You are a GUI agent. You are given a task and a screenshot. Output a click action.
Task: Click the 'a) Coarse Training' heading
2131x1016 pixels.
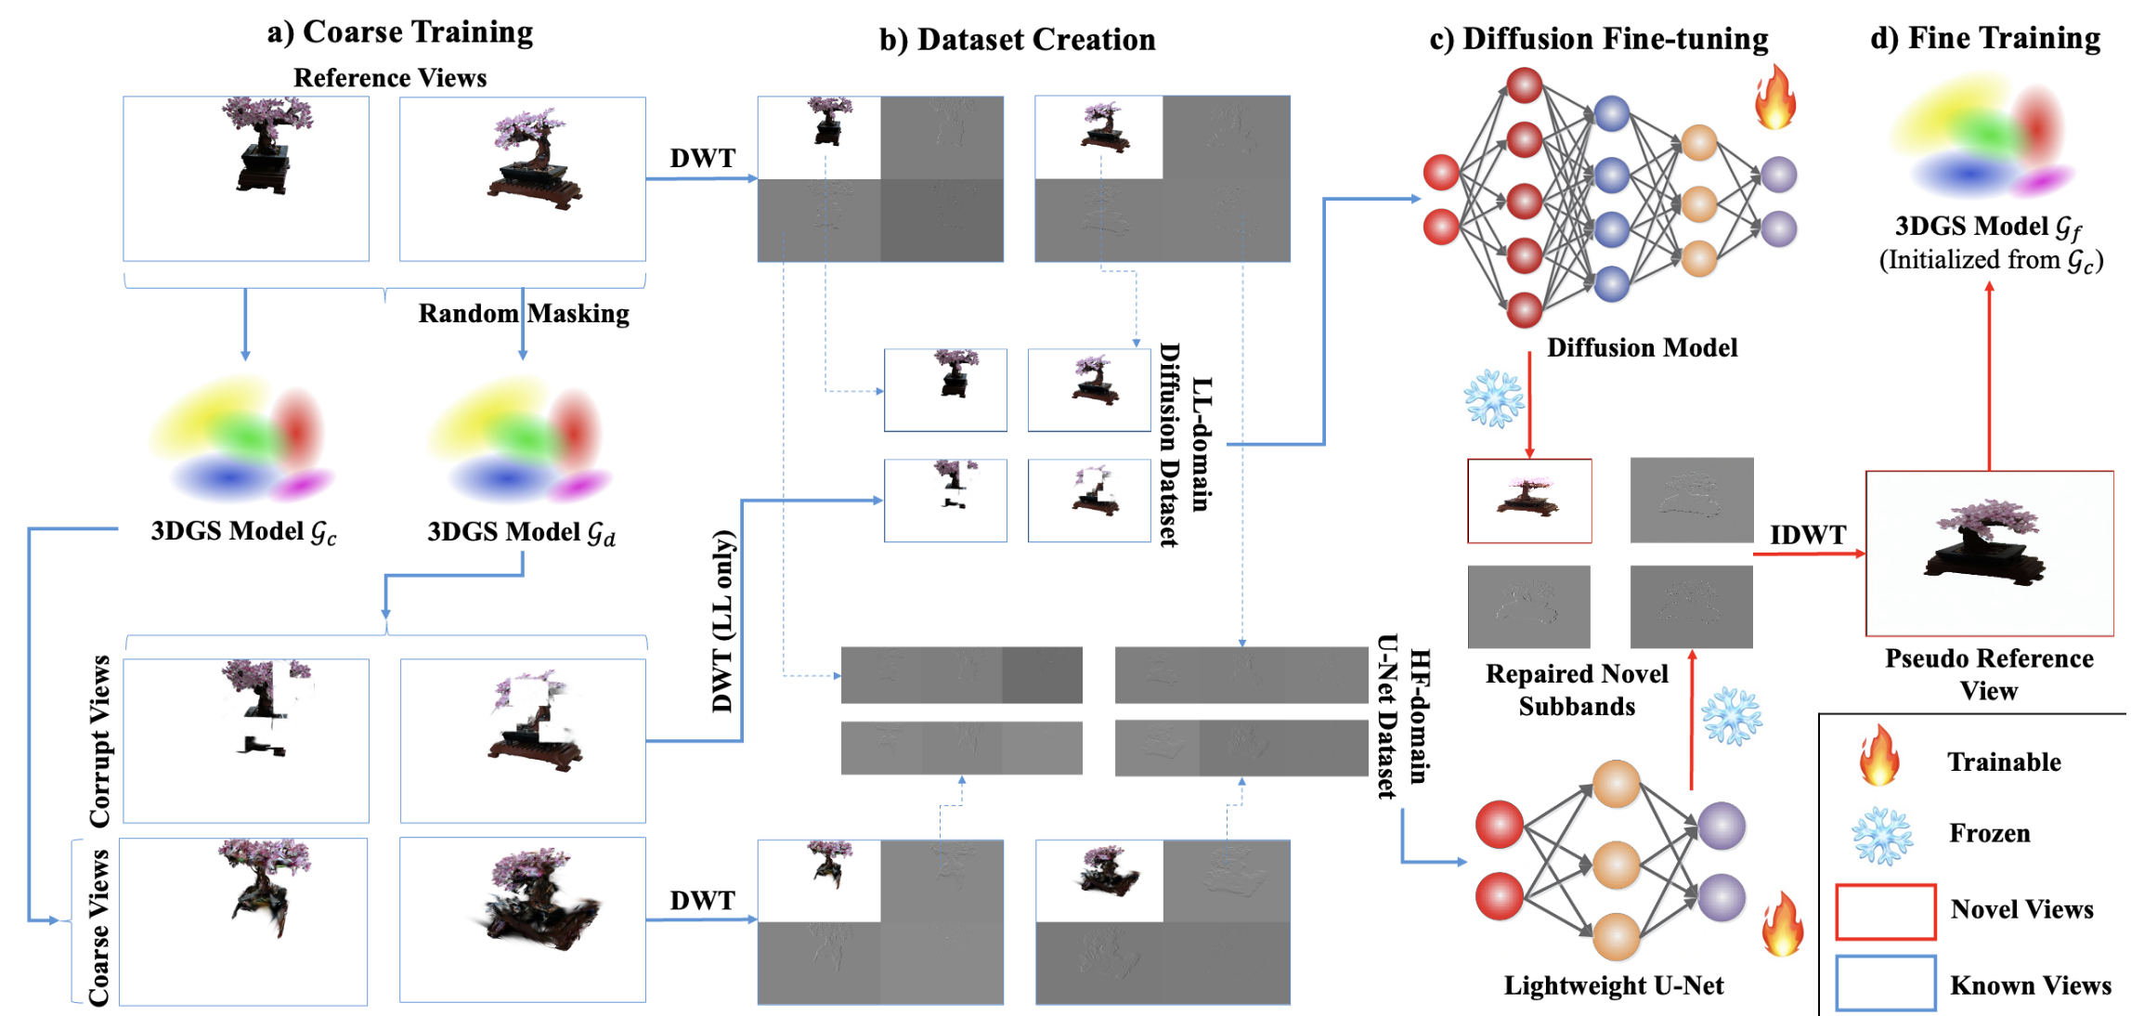tap(400, 33)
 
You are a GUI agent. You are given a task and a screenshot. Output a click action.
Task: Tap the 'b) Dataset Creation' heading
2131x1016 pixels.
tap(1017, 40)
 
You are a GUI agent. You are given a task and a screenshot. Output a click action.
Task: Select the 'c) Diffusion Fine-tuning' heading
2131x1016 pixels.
tap(1598, 39)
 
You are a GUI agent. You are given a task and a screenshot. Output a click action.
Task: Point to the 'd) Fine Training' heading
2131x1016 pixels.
tap(1985, 38)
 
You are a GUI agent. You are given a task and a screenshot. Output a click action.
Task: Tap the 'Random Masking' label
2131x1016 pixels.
tap(524, 314)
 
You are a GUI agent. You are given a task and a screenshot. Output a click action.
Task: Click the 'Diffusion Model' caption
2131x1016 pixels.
tap(1642, 347)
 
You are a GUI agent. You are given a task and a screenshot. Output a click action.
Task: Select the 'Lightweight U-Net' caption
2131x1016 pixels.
tap(1614, 985)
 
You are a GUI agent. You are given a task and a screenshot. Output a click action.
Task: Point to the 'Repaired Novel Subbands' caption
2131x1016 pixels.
tap(1577, 690)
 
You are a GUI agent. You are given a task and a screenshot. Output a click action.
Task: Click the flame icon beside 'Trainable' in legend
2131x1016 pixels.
tap(1878, 756)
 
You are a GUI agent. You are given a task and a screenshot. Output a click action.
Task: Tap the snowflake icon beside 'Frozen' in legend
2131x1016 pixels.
tap(1882, 836)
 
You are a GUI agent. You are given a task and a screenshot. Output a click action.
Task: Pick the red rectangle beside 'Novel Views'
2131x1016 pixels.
tap(1885, 911)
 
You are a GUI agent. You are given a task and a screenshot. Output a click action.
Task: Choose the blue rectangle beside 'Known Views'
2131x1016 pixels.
tap(1885, 983)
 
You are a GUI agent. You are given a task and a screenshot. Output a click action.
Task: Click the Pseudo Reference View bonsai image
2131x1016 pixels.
tap(1989, 554)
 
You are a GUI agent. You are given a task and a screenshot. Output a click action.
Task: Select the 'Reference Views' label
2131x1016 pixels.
tap(390, 78)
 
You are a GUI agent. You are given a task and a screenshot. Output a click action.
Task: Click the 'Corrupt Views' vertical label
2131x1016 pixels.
tap(100, 741)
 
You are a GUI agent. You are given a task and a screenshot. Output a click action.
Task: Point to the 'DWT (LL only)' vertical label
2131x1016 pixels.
tap(723, 620)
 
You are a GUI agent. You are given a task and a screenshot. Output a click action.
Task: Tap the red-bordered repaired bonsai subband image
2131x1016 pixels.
tap(1529, 501)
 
